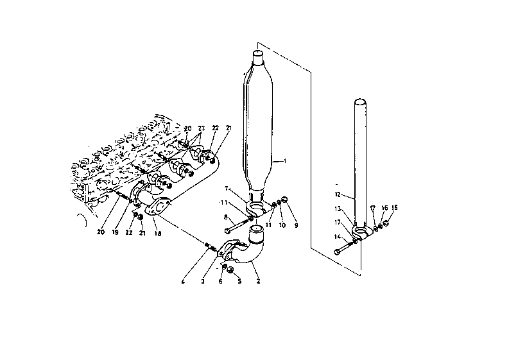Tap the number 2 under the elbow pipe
coord(259,281)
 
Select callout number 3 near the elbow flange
coord(203,281)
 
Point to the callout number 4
coord(184,281)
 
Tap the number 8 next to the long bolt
coord(226,218)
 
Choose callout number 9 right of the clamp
coord(296,226)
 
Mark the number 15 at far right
coord(395,208)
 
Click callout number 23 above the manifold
coord(201,128)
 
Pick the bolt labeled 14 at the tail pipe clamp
coord(345,247)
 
